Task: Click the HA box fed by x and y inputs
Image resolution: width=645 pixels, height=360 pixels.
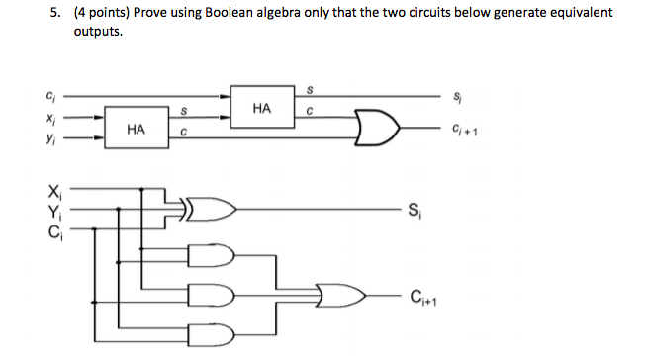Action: pyautogui.click(x=137, y=130)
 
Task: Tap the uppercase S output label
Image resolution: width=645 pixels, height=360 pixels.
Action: pyautogui.click(x=415, y=209)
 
